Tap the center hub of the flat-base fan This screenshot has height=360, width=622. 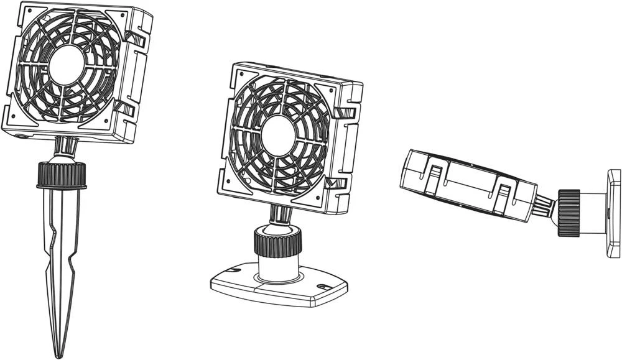(277, 136)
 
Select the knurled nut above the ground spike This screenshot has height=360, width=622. (62, 175)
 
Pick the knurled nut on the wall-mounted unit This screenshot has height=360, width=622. (569, 213)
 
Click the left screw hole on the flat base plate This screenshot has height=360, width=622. (234, 272)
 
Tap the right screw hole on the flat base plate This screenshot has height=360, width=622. (323, 287)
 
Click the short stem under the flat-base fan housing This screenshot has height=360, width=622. (280, 215)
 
